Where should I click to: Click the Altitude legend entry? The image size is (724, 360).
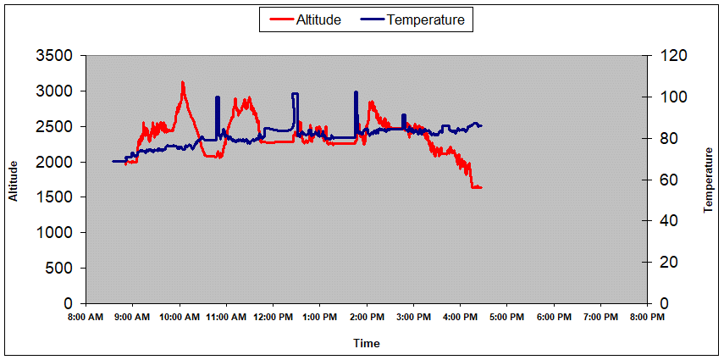[x=318, y=20]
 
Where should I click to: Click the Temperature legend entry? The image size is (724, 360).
[x=425, y=20]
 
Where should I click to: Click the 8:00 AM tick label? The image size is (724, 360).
[x=86, y=318]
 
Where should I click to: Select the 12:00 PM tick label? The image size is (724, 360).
[x=273, y=318]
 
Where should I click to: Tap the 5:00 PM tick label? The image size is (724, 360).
[x=506, y=318]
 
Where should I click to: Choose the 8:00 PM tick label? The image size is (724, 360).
[x=647, y=318]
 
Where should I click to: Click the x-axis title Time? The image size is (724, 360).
[x=367, y=343]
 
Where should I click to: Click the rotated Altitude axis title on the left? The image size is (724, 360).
[x=14, y=180]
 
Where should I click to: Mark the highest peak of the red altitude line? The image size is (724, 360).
[x=182, y=82]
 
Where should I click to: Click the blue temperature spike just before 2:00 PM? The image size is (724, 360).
[x=356, y=92]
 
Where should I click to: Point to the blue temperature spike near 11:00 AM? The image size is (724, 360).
[x=218, y=98]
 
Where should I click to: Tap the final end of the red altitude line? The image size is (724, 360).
[x=481, y=187]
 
